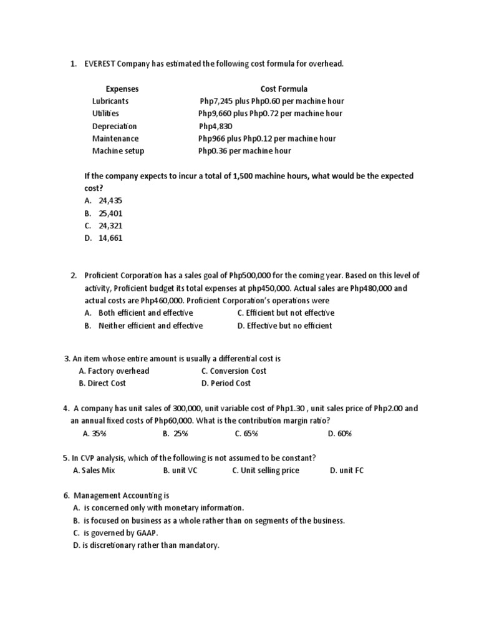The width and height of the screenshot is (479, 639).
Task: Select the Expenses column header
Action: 122,89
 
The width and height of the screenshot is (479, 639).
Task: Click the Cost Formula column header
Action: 284,89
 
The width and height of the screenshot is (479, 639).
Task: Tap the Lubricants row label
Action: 110,101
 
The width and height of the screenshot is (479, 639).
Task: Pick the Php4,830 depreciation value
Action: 215,126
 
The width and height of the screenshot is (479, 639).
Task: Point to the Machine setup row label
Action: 118,151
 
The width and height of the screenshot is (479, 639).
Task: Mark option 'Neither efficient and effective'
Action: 150,326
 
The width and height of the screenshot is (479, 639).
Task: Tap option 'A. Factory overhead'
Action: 114,371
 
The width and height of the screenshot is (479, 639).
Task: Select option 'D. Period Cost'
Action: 226,383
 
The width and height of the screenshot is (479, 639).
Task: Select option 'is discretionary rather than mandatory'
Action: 150,545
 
